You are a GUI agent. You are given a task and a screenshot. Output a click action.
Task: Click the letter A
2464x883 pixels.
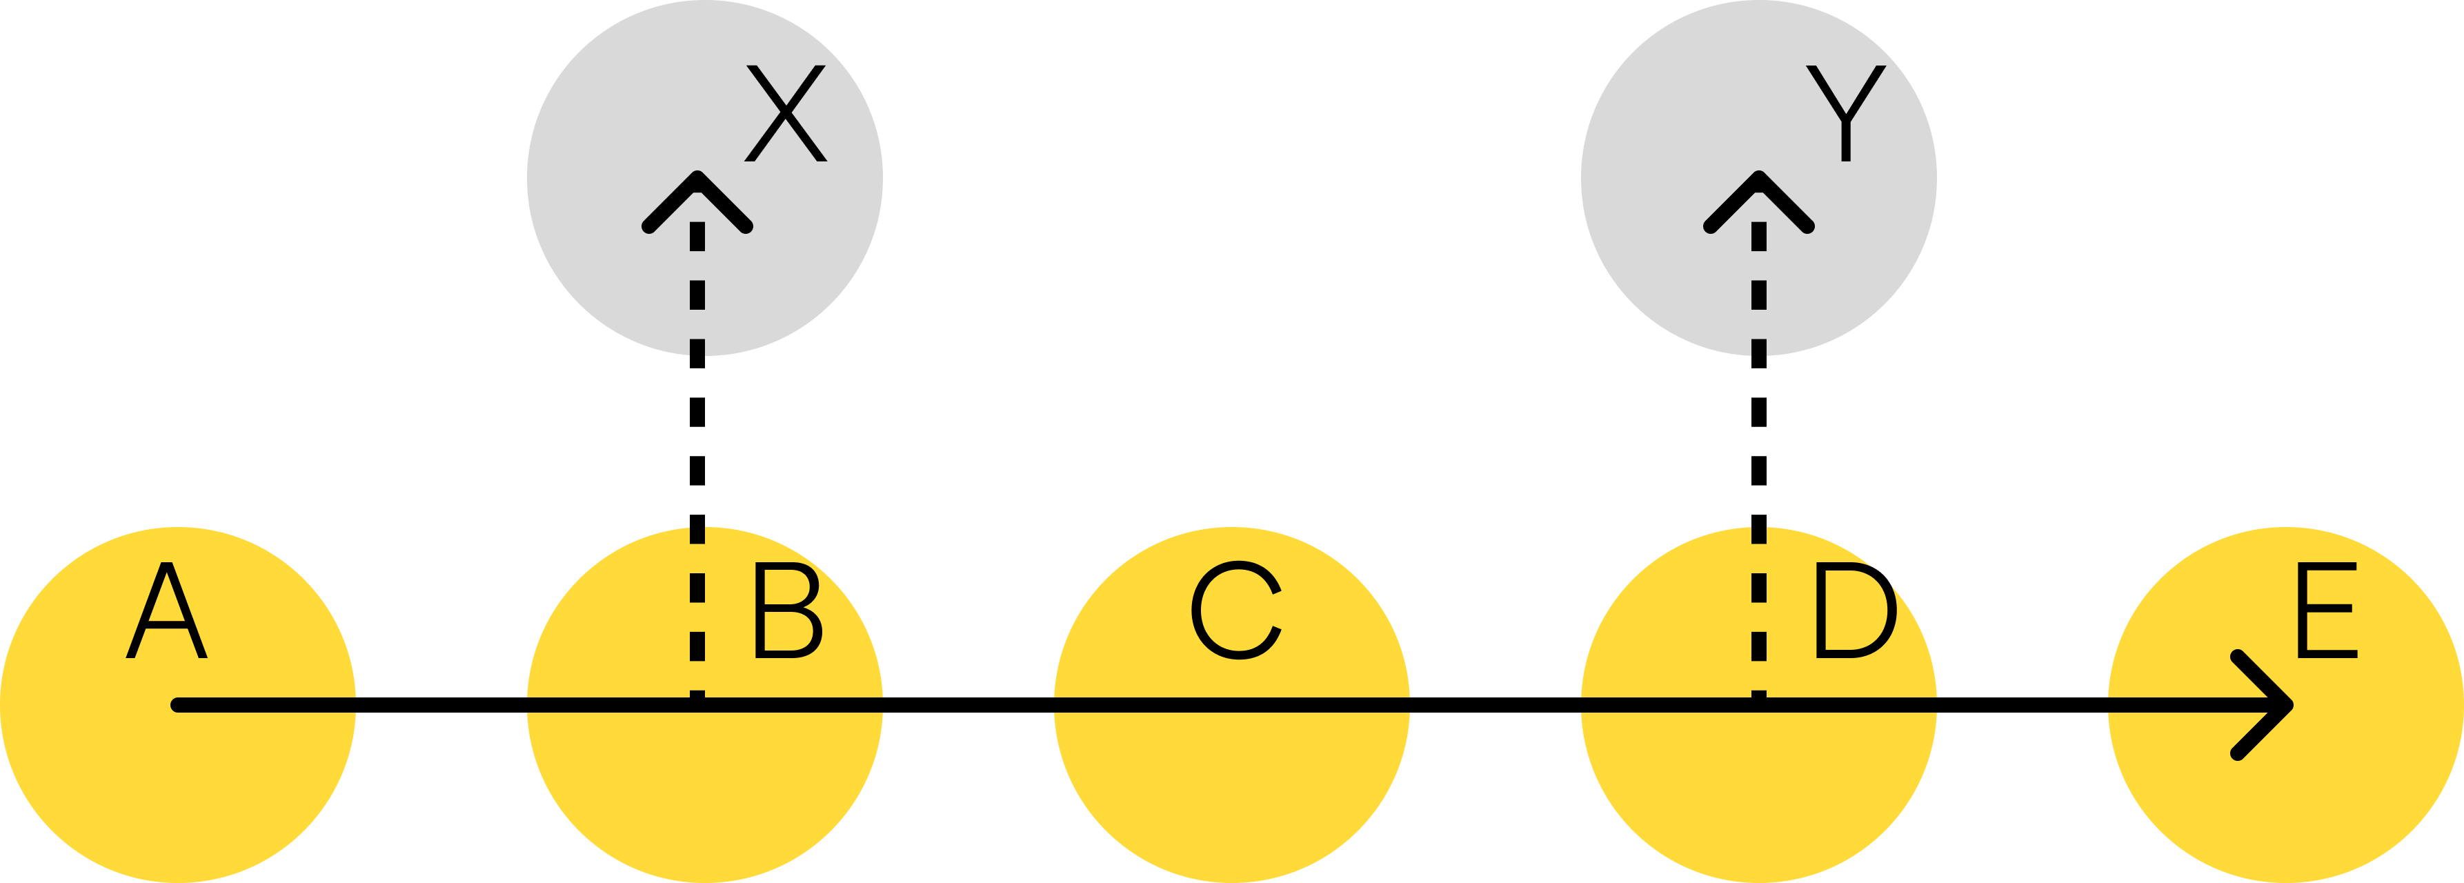click(x=166, y=613)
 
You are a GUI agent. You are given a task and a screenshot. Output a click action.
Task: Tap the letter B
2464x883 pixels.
click(x=786, y=613)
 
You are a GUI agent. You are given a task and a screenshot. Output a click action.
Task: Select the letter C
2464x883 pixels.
click(x=1235, y=613)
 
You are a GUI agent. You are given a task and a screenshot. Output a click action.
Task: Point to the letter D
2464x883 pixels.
click(x=1854, y=613)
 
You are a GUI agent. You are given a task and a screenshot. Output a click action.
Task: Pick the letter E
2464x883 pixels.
click(x=2325, y=613)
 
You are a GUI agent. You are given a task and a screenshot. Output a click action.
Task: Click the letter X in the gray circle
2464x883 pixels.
click(x=784, y=113)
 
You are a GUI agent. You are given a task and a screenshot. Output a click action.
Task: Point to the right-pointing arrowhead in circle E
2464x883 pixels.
click(x=2276, y=706)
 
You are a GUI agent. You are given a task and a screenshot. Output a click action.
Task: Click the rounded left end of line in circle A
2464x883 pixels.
click(x=178, y=706)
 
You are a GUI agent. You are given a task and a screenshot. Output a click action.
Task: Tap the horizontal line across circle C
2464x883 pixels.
click(x=1232, y=706)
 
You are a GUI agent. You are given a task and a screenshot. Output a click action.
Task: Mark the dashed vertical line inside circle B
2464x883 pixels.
click(x=697, y=622)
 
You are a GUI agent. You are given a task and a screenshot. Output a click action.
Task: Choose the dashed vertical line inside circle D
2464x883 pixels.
click(x=1758, y=622)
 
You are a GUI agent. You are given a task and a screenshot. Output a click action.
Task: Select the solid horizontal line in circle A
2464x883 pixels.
click(x=268, y=706)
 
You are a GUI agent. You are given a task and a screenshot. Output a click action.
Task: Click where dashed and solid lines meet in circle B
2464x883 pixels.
click(x=697, y=706)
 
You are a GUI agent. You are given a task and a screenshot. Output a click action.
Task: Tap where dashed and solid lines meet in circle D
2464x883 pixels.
click(x=1758, y=706)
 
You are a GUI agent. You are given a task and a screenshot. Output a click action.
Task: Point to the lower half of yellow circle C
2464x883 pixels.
click(x=1232, y=794)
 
